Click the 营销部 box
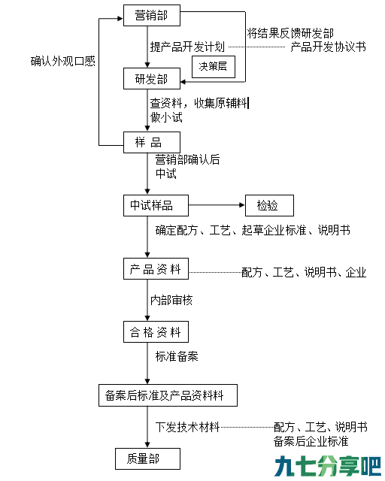pos(152,15)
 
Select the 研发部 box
pos(152,79)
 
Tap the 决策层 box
pos(214,67)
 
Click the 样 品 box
pos(152,142)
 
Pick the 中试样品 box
pos(156,205)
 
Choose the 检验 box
pos(269,205)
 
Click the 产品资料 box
pos(156,269)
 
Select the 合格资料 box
pos(156,332)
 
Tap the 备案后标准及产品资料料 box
pos(168,395)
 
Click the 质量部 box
pos(147,459)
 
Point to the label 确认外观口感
pos(63,62)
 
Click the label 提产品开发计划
pos(187,47)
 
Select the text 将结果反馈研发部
pos(290,33)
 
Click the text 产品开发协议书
pos(328,47)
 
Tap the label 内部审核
pos(171,300)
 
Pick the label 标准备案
pos(177,356)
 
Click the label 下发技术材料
pos(187,427)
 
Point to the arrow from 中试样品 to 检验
pos(217,205)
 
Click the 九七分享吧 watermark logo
pos(328,466)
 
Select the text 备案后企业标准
pos(311,441)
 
